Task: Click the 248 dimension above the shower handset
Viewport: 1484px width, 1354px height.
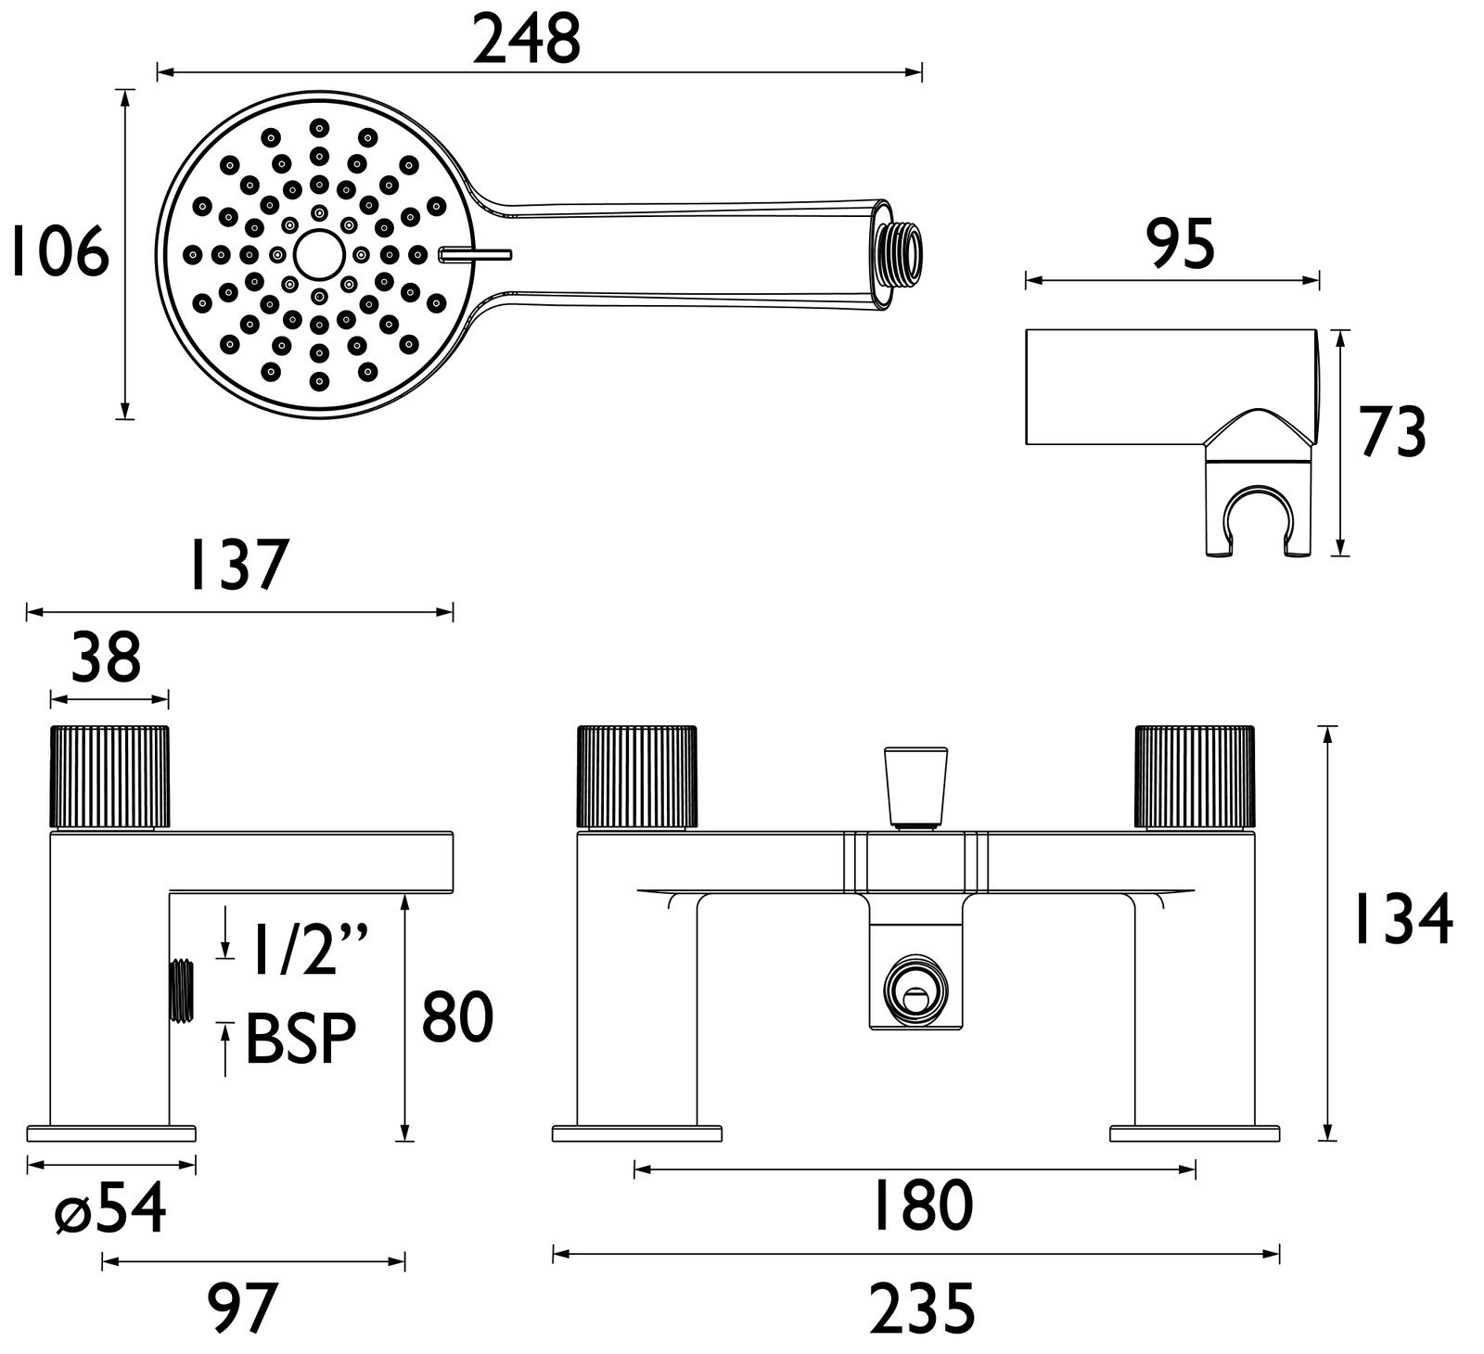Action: [x=526, y=42]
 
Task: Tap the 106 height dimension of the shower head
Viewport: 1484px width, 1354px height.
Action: [x=58, y=253]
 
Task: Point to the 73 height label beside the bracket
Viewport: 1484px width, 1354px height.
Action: [x=1392, y=433]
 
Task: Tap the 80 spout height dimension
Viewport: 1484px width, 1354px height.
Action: [x=457, y=1016]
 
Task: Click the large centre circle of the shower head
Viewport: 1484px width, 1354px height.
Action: [x=317, y=252]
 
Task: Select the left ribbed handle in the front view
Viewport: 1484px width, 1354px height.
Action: [x=636, y=776]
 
